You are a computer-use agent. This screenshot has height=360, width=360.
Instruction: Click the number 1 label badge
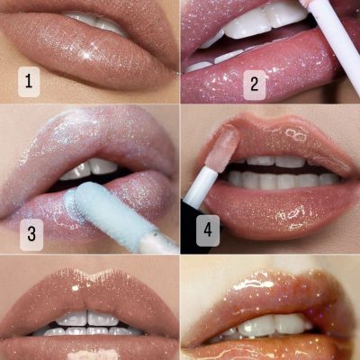point(29,82)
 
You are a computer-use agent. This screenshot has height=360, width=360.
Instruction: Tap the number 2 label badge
point(255,85)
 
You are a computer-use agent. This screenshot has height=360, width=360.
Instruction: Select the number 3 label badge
point(31,234)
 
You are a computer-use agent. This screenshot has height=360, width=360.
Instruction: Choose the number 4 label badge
point(208,230)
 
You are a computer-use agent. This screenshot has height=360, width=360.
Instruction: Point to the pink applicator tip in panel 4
point(224,146)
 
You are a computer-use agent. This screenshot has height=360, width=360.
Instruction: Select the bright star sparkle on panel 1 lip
point(87,55)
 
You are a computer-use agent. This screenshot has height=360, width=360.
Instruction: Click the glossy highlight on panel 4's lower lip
point(290,217)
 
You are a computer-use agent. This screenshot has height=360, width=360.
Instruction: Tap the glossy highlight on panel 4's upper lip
point(295,134)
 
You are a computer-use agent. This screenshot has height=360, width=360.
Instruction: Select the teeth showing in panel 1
point(96,23)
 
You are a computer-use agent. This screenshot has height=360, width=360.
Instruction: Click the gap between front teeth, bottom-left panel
point(87,317)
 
